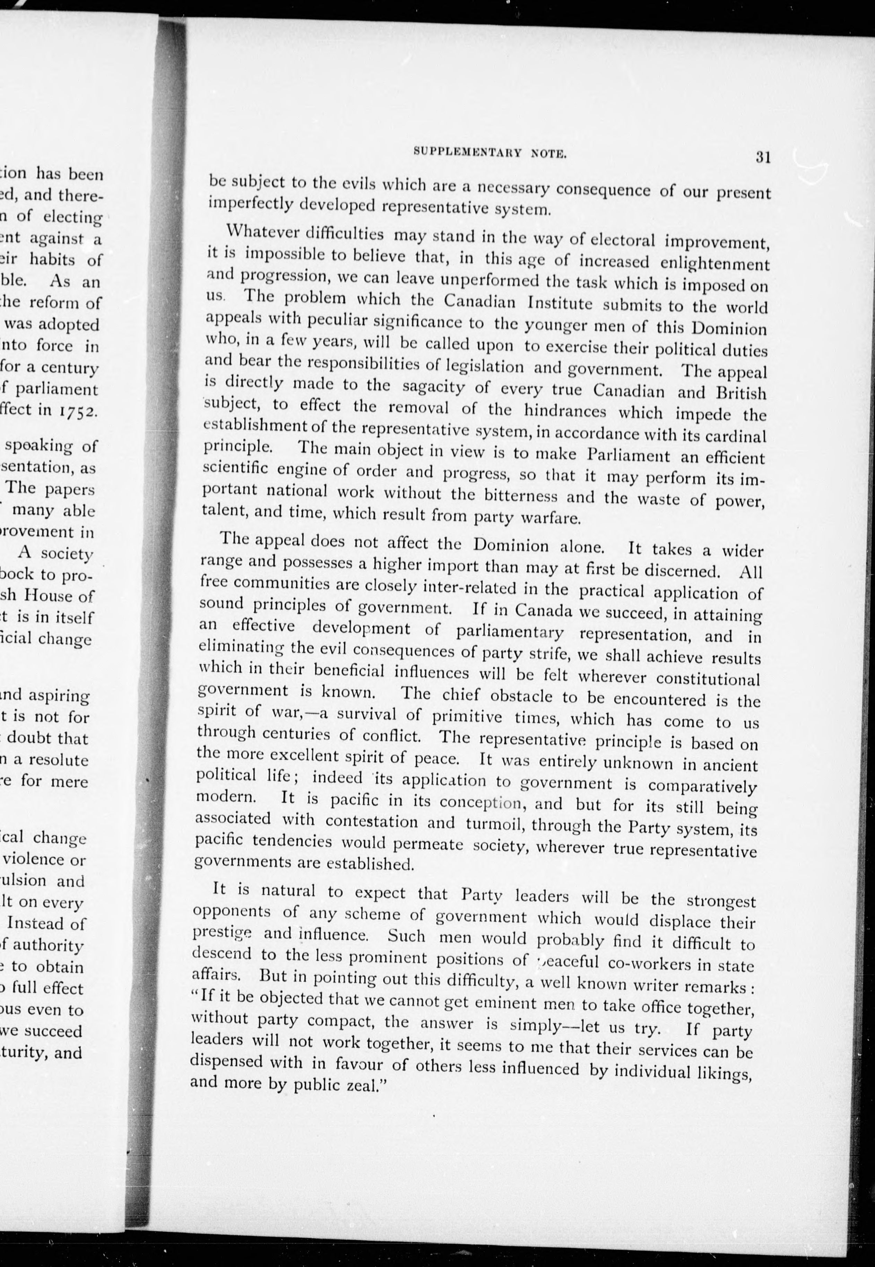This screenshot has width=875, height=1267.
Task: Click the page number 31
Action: pyautogui.click(x=763, y=157)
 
